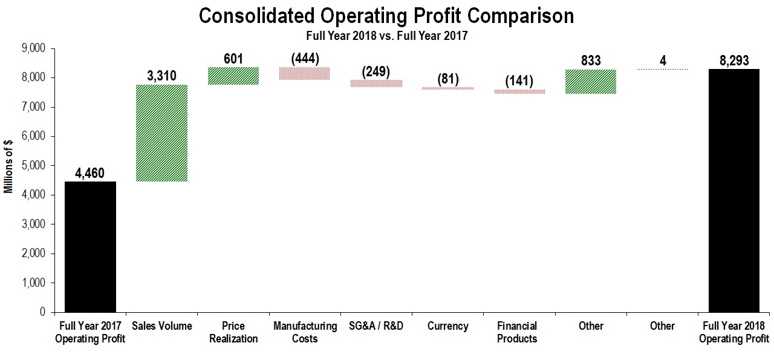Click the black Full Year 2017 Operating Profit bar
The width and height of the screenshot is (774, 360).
click(90, 247)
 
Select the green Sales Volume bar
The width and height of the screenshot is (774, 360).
click(161, 133)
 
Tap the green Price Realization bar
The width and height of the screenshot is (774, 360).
click(233, 76)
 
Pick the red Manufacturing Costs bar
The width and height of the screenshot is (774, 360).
click(304, 73)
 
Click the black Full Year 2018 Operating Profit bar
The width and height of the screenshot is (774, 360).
click(734, 191)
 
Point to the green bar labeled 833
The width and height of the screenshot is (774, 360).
click(591, 82)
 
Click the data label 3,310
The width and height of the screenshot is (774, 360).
click(161, 76)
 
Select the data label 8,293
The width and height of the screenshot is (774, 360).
click(734, 61)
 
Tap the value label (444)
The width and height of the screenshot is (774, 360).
click(305, 59)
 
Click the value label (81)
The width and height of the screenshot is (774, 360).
click(447, 79)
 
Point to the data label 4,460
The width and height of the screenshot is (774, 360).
click(90, 174)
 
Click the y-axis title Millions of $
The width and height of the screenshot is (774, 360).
click(8, 166)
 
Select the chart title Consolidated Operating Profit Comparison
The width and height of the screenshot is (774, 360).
click(386, 16)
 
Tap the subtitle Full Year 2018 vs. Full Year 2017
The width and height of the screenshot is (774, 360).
click(386, 36)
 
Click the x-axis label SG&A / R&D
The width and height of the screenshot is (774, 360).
click(376, 326)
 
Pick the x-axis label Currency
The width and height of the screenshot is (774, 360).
click(447, 326)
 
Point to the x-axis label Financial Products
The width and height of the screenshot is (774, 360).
click(517, 332)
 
